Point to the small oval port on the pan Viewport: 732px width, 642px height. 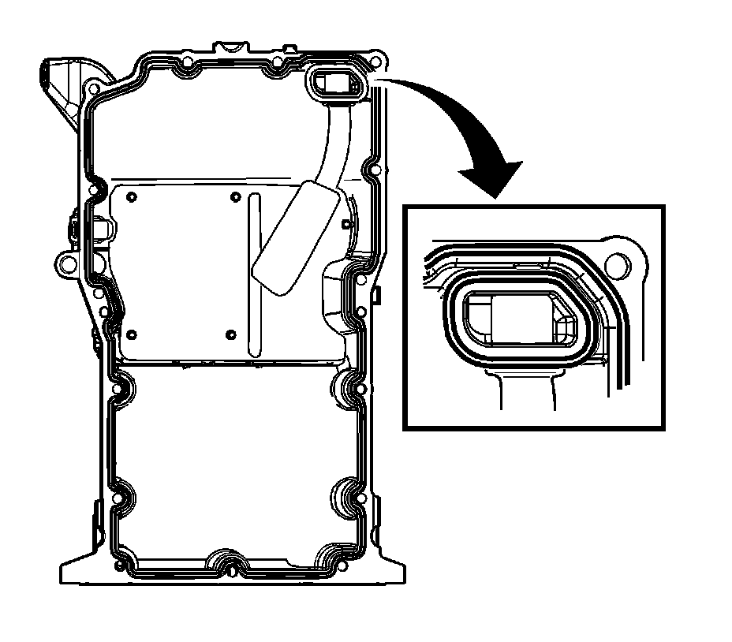[x=331, y=83]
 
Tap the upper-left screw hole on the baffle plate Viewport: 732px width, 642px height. [x=131, y=197]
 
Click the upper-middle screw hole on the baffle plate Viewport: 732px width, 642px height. [x=234, y=197]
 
